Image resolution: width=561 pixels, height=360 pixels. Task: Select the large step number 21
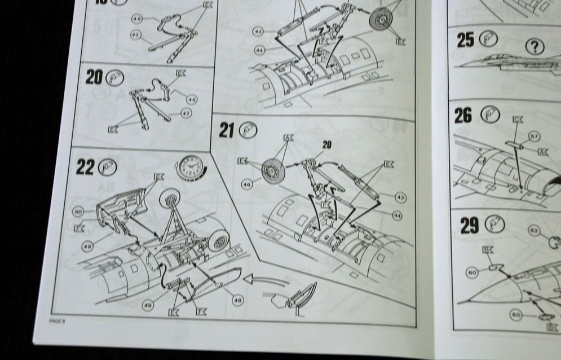(226, 131)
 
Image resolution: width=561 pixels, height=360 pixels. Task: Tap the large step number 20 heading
(94, 77)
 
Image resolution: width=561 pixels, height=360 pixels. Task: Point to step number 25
(465, 41)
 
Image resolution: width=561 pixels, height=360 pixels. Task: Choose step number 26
(463, 116)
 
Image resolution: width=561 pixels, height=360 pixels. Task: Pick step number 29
(469, 226)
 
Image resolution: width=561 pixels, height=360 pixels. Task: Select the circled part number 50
(78, 211)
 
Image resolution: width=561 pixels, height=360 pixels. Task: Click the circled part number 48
(237, 301)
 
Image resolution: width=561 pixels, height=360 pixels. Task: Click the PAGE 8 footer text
(58, 321)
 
